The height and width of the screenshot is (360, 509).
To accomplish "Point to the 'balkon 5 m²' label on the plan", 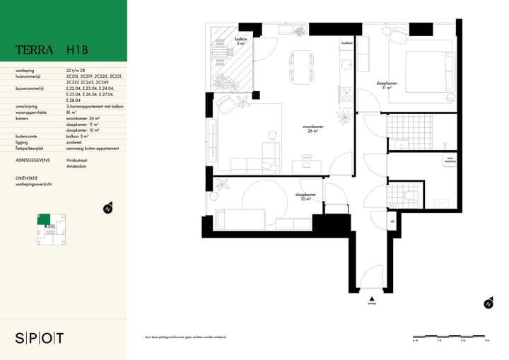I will click(x=240, y=42).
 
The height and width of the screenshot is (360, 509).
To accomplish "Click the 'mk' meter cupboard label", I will click(x=392, y=221).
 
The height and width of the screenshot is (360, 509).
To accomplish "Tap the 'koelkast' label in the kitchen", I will click(x=347, y=43).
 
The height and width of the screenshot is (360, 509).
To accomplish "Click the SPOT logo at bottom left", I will click(x=40, y=338).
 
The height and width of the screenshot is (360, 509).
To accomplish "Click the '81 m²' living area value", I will click(x=71, y=112).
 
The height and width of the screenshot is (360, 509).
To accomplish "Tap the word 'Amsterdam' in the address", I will click(x=78, y=166).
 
